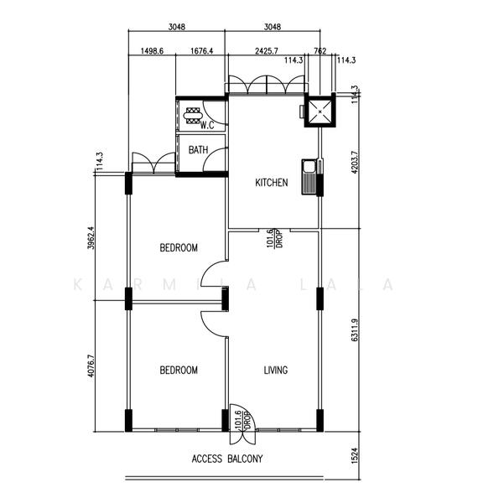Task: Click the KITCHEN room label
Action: point(272,182)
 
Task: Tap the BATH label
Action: point(199,150)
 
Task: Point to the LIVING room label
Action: point(275,370)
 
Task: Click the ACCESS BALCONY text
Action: point(227,459)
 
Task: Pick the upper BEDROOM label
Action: point(179,247)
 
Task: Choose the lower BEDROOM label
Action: point(179,370)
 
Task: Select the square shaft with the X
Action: point(320,112)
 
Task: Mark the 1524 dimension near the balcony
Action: point(355,456)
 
